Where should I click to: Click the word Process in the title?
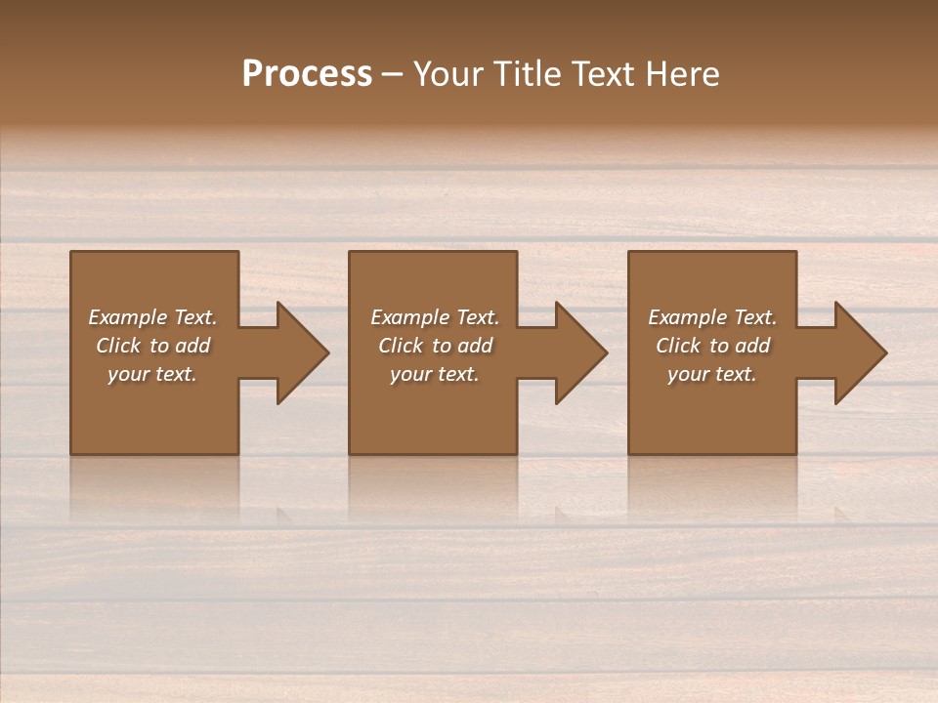click(307, 73)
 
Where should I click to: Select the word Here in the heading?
click(683, 73)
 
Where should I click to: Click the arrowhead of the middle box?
click(580, 352)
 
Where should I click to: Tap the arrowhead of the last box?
click(860, 352)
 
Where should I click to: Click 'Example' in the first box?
click(128, 317)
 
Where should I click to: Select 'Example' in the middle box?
click(409, 317)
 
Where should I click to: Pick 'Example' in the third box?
click(687, 317)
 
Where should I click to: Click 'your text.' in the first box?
click(152, 374)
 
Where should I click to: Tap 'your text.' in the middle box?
click(434, 374)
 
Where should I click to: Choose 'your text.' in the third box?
click(711, 374)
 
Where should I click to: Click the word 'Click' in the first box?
click(118, 346)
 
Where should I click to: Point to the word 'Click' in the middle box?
click(401, 346)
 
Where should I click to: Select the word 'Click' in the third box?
click(678, 346)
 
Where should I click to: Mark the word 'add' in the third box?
click(752, 346)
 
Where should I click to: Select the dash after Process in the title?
click(393, 74)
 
